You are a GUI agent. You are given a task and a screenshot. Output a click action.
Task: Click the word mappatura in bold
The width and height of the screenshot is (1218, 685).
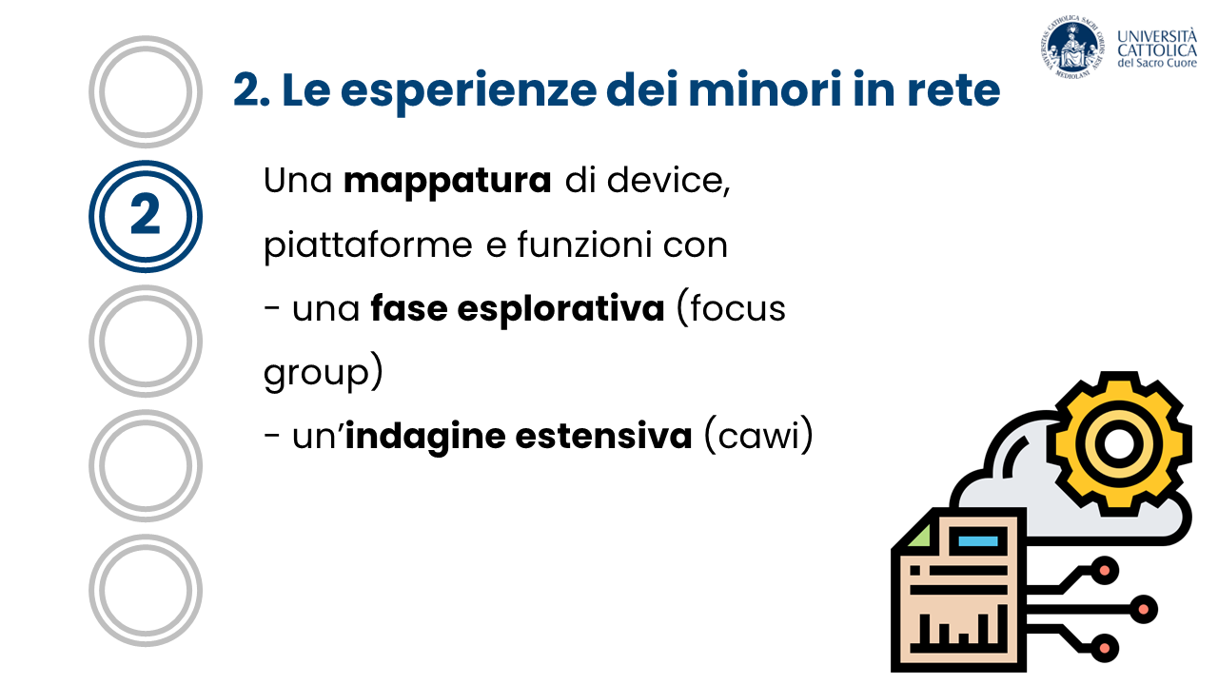[x=447, y=182]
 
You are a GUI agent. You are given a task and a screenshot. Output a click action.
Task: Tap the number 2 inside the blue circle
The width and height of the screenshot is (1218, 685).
[x=146, y=214]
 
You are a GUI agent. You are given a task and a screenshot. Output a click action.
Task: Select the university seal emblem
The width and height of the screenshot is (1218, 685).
[x=1072, y=48]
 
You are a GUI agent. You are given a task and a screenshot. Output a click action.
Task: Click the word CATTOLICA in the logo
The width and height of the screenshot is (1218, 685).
[x=1157, y=50]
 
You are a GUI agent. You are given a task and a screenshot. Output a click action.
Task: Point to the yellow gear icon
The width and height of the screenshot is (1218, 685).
[x=1119, y=443]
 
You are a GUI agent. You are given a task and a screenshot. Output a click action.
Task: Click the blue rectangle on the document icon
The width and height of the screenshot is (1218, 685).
[x=977, y=541]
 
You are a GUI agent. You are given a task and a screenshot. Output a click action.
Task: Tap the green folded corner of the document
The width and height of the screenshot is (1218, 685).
[x=919, y=537]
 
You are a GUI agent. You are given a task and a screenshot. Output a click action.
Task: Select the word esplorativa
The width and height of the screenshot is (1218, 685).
[x=560, y=310]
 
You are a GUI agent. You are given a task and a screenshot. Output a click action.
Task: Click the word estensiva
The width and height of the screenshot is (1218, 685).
[x=603, y=436]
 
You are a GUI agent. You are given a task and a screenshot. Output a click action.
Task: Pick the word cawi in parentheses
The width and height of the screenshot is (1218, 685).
[x=758, y=436]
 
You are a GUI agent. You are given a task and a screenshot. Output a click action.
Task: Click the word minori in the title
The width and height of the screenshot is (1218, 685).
[x=765, y=90]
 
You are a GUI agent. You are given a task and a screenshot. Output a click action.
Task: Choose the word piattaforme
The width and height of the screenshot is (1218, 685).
[x=368, y=246]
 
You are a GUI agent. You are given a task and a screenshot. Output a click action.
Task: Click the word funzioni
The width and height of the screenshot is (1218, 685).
[x=584, y=245]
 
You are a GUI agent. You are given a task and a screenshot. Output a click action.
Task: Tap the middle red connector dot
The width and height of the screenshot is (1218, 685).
[x=1143, y=609]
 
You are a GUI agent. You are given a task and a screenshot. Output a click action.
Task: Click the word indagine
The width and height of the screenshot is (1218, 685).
[x=425, y=437]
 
